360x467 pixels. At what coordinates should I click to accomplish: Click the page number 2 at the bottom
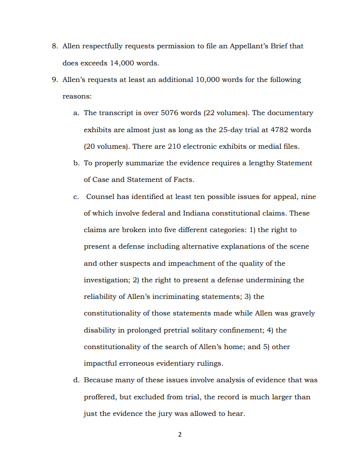pyautogui.click(x=180, y=434)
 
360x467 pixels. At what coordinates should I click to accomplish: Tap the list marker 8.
pyautogui.click(x=54, y=46)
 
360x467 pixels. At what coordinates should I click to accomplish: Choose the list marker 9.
pyautogui.click(x=54, y=80)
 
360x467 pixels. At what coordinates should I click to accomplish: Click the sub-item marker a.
pyautogui.click(x=76, y=113)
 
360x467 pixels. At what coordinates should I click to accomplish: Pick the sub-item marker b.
pyautogui.click(x=76, y=163)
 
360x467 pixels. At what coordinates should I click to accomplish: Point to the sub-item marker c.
pyautogui.click(x=76, y=197)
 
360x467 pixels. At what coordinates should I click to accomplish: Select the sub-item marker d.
pyautogui.click(x=76, y=380)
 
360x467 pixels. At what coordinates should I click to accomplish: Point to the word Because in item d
pyautogui.click(x=99, y=380)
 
